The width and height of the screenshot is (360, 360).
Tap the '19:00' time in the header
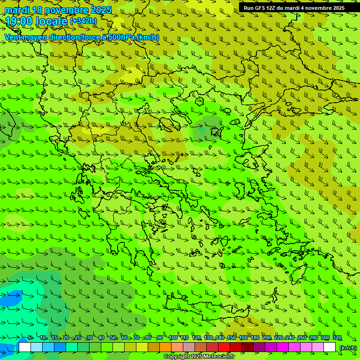pyautogui.click(x=18, y=21)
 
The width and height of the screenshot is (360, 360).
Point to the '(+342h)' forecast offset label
pyautogui.click(x=83, y=21)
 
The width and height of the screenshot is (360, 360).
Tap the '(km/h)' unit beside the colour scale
pyautogui.click(x=347, y=347)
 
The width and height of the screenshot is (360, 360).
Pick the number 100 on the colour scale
pyautogui.click(x=173, y=338)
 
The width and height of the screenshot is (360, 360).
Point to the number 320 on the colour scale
pyautogui.click(x=337, y=338)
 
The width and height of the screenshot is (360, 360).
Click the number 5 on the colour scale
pyautogui.click(x=30, y=338)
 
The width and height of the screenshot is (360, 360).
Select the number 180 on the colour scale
pyautogui.click(x=255, y=338)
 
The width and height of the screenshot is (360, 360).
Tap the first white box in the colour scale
pyautogui.click(x=25, y=347)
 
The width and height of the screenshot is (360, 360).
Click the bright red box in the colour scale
pyautogui.click(x=224, y=347)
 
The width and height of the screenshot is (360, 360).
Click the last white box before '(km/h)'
pyautogui.click(x=330, y=347)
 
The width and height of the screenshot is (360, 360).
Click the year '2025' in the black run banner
pyautogui.click(x=338, y=8)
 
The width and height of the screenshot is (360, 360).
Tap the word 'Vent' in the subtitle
pyautogui.click(x=13, y=37)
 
